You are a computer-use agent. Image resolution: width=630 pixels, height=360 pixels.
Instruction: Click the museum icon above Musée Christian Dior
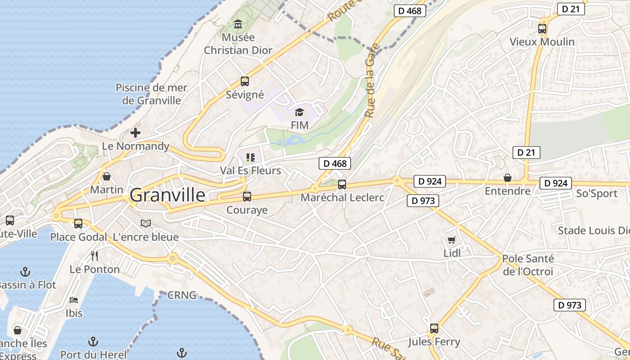[x=238, y=24]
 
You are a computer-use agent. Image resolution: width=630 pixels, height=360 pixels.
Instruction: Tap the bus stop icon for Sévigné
[x=244, y=81]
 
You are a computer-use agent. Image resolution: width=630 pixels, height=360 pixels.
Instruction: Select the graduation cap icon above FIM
[x=300, y=112]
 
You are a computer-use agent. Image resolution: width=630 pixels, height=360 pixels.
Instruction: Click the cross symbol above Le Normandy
[x=135, y=133]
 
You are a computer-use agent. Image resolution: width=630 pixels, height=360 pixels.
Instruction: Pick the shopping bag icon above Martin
[x=107, y=176]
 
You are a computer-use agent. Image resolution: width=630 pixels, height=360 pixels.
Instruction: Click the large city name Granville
[x=167, y=195]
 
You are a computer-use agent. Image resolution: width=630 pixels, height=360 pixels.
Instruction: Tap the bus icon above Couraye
[x=247, y=197]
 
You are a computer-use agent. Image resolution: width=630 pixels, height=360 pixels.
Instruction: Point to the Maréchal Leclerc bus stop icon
[x=342, y=184]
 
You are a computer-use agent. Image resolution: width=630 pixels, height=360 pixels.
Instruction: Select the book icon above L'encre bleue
[x=146, y=223]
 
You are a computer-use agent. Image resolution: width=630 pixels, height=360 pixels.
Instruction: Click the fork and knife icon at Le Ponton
[x=94, y=256]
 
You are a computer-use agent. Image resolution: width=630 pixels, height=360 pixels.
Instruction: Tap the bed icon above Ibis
[x=74, y=300]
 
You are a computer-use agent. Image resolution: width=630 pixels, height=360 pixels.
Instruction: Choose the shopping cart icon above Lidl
[x=451, y=240]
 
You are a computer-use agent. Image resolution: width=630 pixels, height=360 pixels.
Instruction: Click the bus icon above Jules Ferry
[x=434, y=328]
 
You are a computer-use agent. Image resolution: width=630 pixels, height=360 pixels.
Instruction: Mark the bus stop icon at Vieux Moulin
[x=542, y=29]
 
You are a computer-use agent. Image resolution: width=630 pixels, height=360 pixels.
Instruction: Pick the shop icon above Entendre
[x=508, y=178]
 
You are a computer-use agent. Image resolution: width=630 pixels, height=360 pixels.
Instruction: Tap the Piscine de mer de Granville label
[x=151, y=94]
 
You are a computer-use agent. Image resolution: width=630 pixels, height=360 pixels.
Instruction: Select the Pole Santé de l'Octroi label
[x=528, y=265]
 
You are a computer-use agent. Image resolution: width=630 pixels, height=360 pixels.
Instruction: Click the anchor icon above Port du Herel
[x=93, y=342]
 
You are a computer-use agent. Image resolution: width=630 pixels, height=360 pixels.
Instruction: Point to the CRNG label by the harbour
[x=182, y=296]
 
